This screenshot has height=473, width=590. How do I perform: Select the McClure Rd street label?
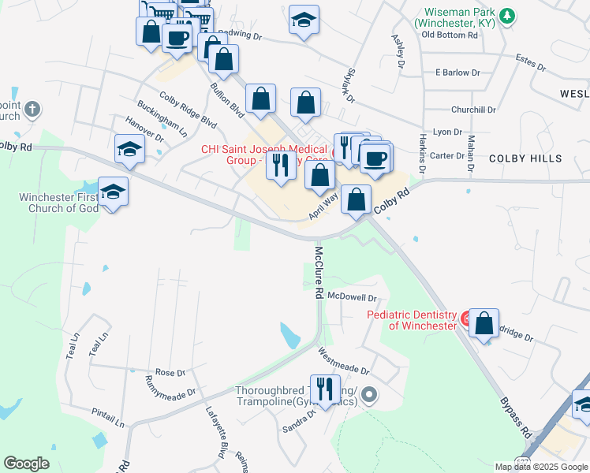pyautogui.click(x=319, y=272)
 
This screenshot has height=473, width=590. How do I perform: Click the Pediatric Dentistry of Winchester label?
pyautogui.click(x=412, y=320)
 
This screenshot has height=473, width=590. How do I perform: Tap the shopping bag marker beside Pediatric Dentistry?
pyautogui.click(x=484, y=323)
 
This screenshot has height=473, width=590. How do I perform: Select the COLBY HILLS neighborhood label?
pyautogui.click(x=525, y=158)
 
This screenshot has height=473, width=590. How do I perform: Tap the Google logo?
pyautogui.click(x=26, y=464)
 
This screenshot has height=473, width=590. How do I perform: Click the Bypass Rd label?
pyautogui.click(x=516, y=418)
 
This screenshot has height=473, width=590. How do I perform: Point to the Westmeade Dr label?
pyautogui.click(x=343, y=362)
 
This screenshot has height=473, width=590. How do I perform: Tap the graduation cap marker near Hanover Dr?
pyautogui.click(x=129, y=150)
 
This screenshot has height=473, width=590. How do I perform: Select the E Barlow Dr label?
pyautogui.click(x=457, y=73)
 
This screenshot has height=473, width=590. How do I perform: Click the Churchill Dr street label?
pyautogui.click(x=472, y=110)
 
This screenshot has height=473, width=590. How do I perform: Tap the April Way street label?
pyautogui.click(x=324, y=207)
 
